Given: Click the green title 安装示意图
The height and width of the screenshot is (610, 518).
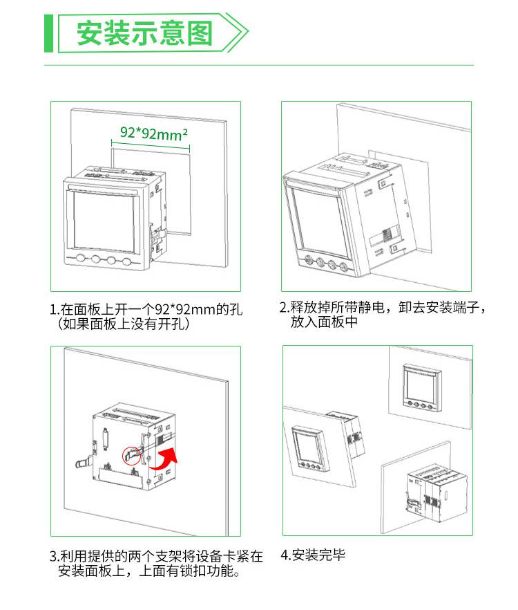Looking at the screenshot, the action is tap(144, 33).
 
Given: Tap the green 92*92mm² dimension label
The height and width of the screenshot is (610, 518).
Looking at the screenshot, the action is tap(154, 133).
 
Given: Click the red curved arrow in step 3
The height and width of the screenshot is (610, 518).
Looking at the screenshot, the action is tap(163, 459).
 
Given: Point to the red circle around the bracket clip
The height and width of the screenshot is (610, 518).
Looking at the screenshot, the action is tap(132, 455).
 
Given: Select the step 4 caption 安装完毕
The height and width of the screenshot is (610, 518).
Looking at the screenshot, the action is tap(313, 555).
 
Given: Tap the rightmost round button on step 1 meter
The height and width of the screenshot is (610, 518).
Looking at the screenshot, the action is tap(127, 261).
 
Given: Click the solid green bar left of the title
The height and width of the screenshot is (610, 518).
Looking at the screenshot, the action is tap(48, 33).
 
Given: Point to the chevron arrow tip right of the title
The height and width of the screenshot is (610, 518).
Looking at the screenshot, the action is tap(248, 33).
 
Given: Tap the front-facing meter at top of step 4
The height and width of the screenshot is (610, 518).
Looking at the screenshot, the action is tap(423, 388).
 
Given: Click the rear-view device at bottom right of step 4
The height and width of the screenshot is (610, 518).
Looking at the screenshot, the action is tap(437, 493).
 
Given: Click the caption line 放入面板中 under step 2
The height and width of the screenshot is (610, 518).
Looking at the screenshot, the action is tap(324, 322).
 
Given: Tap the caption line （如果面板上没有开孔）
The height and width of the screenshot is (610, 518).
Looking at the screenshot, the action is tap(124, 324).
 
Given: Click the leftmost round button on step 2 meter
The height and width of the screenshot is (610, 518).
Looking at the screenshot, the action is tap(309, 259).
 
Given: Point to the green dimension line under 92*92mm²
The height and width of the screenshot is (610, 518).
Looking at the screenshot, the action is tap(151, 145).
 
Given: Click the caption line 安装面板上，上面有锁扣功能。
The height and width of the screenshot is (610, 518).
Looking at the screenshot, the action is tap(149, 571).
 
